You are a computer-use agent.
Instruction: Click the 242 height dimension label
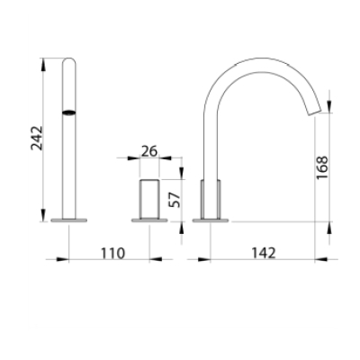(x=37, y=138)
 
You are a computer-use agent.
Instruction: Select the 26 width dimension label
(x=149, y=151)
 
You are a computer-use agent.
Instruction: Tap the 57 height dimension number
(x=175, y=200)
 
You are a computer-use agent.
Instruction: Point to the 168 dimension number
(x=323, y=167)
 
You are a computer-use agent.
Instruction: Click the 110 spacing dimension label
(x=112, y=254)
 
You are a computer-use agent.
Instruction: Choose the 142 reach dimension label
(x=263, y=254)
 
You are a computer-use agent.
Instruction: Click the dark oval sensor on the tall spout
(x=69, y=112)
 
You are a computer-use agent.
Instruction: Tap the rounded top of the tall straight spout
(x=69, y=60)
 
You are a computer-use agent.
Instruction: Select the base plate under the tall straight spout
(x=69, y=220)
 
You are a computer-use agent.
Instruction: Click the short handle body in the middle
(x=149, y=199)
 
